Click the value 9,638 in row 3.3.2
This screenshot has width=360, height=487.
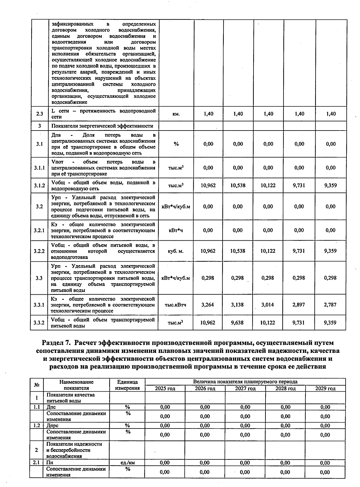[x=238, y=323]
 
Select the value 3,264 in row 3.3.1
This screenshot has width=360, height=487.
[x=208, y=305]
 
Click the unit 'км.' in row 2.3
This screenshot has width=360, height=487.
[x=176, y=114]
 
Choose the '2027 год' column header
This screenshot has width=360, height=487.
[x=245, y=389]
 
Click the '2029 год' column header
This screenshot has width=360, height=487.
[x=325, y=389]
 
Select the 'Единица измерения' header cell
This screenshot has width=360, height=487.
[x=127, y=385]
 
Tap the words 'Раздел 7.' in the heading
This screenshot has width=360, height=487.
[x=56, y=343]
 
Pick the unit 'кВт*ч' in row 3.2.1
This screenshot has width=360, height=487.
[x=176, y=230]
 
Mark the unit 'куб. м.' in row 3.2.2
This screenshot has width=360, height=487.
[x=176, y=251]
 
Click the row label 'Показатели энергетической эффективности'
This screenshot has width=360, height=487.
[x=102, y=126]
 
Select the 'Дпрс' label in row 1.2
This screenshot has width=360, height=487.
[x=52, y=425]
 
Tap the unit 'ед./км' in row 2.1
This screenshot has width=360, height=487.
[x=127, y=463]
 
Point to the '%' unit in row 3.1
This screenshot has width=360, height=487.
[x=176, y=144]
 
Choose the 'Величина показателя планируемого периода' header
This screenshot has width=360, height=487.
[x=245, y=382]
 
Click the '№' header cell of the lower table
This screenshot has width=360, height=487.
[x=37, y=385]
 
